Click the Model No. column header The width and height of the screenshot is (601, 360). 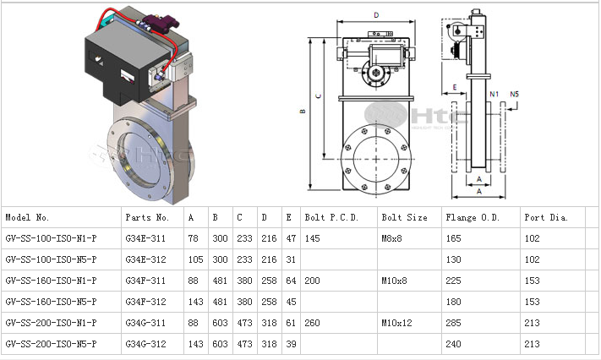coord(28,217)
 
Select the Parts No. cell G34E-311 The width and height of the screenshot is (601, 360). coord(145,238)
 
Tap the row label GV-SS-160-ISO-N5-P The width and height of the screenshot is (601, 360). coord(52,302)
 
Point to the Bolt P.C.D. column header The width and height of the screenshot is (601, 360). coord(332,217)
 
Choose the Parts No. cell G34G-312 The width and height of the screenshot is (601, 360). coord(145,344)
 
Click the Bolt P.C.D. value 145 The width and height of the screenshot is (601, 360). coord(313,238)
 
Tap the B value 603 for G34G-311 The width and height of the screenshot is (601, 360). coord(220,323)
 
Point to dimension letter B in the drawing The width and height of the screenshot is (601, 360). coord(301,111)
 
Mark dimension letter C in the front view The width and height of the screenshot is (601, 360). coord(317,95)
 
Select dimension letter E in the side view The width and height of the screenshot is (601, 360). coord(454,87)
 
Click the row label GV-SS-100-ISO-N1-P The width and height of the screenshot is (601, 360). coord(52,238)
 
